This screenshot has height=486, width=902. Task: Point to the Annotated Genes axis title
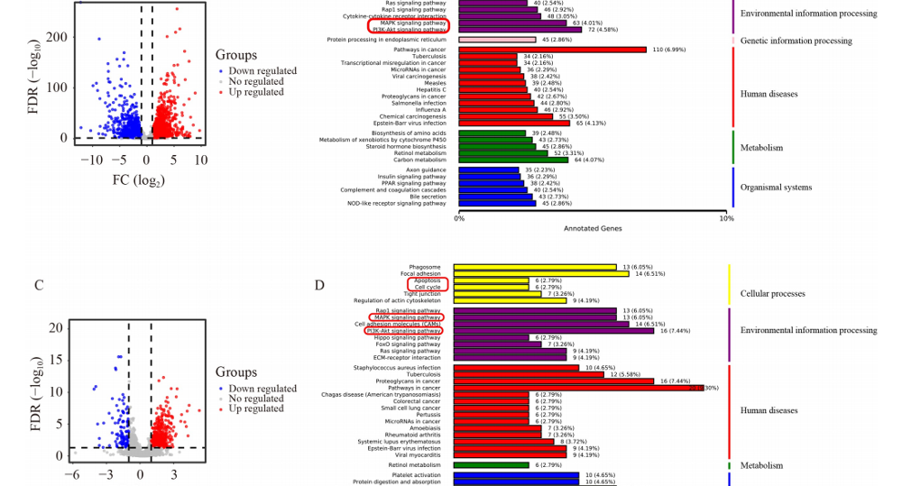point(592,229)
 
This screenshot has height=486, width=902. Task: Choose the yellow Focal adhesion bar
point(540,273)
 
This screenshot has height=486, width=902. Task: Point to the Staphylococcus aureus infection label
point(405,368)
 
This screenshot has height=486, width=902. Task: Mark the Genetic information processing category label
point(796,41)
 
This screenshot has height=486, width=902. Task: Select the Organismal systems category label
point(776,188)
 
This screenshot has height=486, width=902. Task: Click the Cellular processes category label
point(772,294)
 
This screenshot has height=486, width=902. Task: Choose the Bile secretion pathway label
point(427,196)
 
